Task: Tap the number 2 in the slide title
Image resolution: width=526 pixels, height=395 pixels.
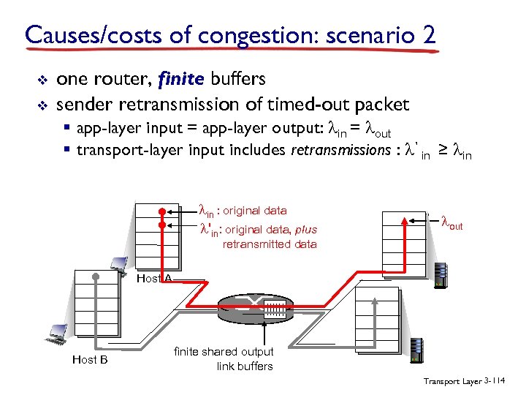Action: coord(429,34)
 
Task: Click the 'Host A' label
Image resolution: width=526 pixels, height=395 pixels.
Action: coord(154,278)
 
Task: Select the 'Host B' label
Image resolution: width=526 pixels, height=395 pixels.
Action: coord(90,359)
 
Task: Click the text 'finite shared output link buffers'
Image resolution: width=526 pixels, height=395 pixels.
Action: coord(224,359)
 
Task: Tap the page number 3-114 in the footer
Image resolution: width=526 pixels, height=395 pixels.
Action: coord(498,382)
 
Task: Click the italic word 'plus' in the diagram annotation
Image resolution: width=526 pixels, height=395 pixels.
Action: coord(300,230)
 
